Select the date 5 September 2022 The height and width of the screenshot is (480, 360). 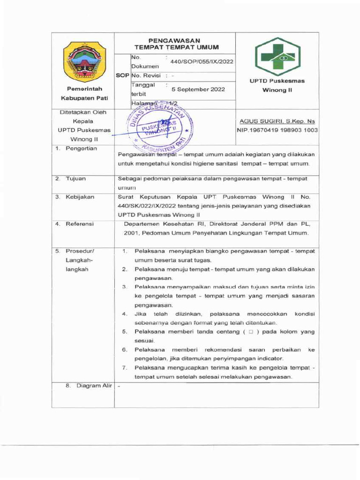coord(198,89)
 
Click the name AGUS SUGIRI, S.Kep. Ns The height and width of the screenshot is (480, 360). coord(277,121)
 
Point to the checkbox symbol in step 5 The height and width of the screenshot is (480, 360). coord(251,332)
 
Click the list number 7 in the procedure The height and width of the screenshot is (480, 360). coord(124,367)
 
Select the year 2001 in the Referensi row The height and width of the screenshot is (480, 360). coord(132,233)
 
